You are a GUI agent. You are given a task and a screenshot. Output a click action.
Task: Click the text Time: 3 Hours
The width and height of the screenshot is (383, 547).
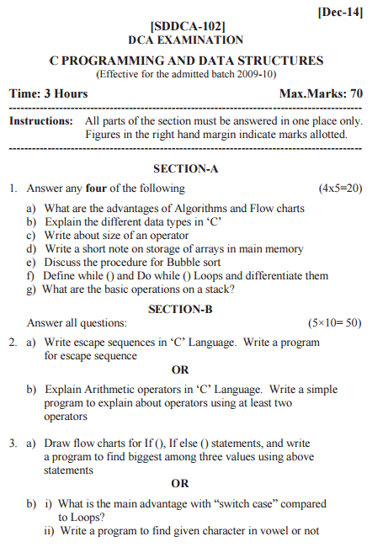[48, 93]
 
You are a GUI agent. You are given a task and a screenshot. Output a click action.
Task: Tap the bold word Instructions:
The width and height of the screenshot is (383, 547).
[40, 121]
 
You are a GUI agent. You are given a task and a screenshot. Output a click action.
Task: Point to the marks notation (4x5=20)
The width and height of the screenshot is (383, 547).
[340, 188]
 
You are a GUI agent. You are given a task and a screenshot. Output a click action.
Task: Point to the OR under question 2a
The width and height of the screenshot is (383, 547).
[180, 369]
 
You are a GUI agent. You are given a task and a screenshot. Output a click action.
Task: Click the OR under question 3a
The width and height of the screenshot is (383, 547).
[180, 483]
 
